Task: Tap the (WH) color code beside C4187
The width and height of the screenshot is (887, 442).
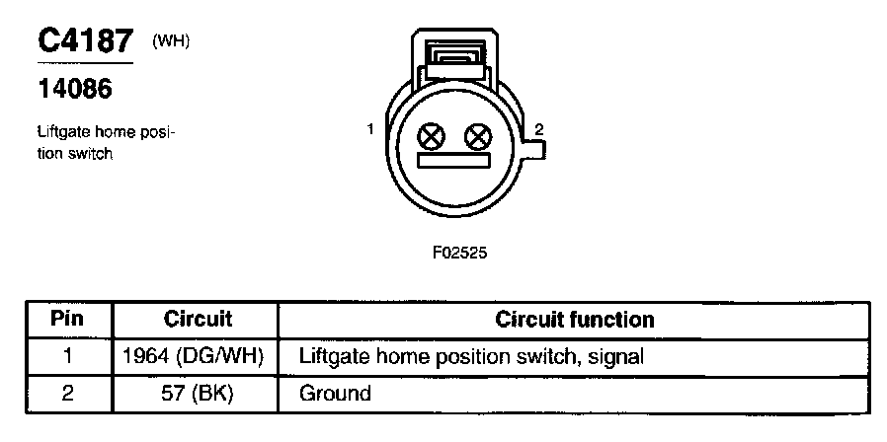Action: pos(171,40)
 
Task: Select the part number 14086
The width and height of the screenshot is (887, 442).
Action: pos(74,89)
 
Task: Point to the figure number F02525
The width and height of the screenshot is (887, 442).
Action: pos(459,252)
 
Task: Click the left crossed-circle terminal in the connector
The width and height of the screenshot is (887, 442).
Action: pos(432,136)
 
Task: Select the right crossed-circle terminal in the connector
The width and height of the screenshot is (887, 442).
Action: pos(478,136)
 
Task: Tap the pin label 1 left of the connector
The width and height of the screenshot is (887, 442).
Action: pos(369,129)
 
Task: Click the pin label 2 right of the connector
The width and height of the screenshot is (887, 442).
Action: pos(538,129)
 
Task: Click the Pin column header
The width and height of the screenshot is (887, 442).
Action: pos(67,320)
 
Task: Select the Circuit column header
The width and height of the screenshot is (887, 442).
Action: pos(198,320)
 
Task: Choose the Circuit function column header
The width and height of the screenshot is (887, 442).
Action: pos(574,320)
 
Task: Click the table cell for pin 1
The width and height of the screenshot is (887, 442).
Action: pos(67,356)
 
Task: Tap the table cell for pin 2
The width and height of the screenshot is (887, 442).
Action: pos(67,393)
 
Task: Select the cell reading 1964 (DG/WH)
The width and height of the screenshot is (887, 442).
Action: pos(195,356)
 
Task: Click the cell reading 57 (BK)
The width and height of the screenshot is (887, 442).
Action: pos(195,393)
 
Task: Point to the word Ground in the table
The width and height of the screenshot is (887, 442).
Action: pos(335,393)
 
